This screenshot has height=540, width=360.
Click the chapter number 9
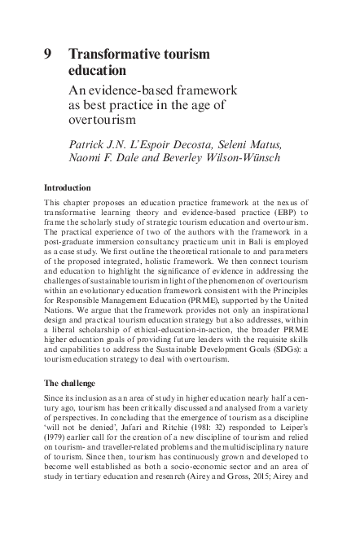[x=48, y=55]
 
